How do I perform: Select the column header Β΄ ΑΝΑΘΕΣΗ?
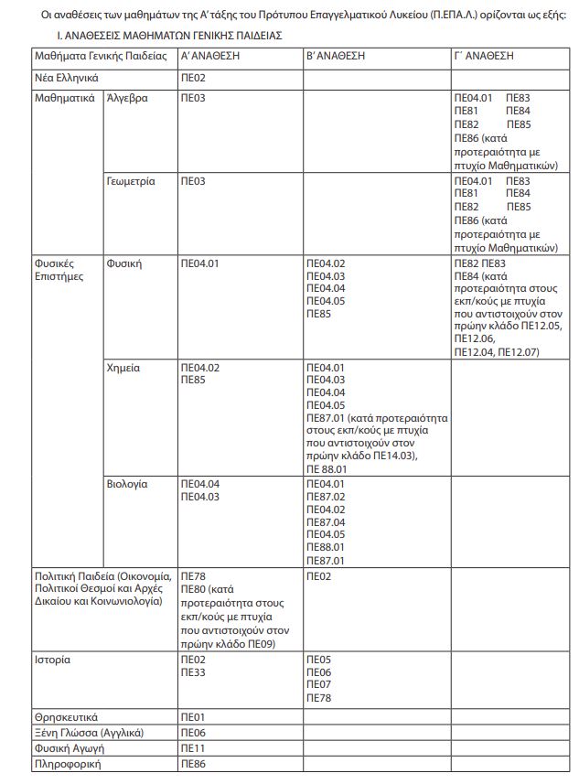pyautogui.click(x=336, y=56)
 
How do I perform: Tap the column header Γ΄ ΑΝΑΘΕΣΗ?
pyautogui.click(x=484, y=56)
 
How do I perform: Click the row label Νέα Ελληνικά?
pyautogui.click(x=66, y=79)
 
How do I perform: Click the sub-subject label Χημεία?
pyautogui.click(x=123, y=367)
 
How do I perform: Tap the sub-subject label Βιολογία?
pyautogui.click(x=127, y=483)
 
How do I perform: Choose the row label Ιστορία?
pyautogui.click(x=52, y=659)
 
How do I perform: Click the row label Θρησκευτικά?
pyautogui.click(x=66, y=716)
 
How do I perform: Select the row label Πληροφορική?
pyautogui.click(x=68, y=764)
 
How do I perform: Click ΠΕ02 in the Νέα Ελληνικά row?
pyautogui.click(x=193, y=79)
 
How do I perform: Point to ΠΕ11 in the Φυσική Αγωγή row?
pyautogui.click(x=192, y=748)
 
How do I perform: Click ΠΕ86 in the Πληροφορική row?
pyautogui.click(x=193, y=764)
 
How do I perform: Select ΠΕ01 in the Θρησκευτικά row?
pyautogui.click(x=192, y=716)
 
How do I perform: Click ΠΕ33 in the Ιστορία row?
pyautogui.click(x=193, y=672)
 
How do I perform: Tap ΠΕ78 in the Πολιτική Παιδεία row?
pyautogui.click(x=193, y=576)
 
